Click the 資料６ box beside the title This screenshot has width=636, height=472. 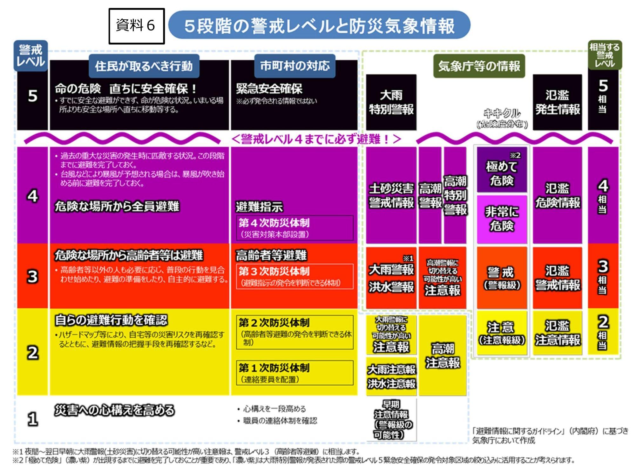(x=137, y=26)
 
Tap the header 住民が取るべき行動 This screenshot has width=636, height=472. (x=144, y=66)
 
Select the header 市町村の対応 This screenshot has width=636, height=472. (x=295, y=66)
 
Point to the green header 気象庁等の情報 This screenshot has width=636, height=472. (x=479, y=66)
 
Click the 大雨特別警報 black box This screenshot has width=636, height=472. (x=391, y=102)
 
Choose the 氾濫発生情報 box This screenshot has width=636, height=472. (x=558, y=102)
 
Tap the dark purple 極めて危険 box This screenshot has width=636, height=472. (x=502, y=170)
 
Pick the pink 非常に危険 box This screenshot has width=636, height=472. (x=502, y=219)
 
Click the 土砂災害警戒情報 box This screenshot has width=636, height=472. (x=391, y=195)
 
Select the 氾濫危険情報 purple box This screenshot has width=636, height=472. (x=558, y=195)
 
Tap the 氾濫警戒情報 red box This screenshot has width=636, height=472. (x=558, y=278)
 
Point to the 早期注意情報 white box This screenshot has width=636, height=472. (x=391, y=420)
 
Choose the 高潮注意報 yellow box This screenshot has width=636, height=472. (x=443, y=356)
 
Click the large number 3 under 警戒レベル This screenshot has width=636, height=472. (x=32, y=276)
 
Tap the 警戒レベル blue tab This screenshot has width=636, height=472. (x=30, y=56)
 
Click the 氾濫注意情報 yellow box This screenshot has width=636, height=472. (x=558, y=333)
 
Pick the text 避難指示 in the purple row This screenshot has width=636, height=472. (x=259, y=207)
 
